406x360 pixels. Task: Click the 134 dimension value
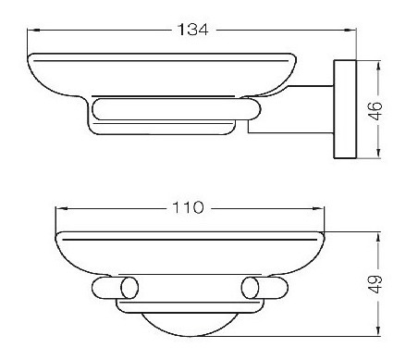click(193, 30)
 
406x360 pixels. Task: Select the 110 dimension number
click(188, 207)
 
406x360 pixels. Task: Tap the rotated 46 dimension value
click(375, 110)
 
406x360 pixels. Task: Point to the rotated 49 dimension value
click(375, 284)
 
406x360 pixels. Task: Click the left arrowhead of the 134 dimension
click(31, 30)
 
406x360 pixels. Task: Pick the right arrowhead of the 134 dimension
click(351, 30)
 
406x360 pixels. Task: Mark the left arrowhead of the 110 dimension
click(60, 209)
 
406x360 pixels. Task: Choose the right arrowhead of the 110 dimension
click(319, 209)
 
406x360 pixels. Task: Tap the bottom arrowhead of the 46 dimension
click(379, 154)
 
